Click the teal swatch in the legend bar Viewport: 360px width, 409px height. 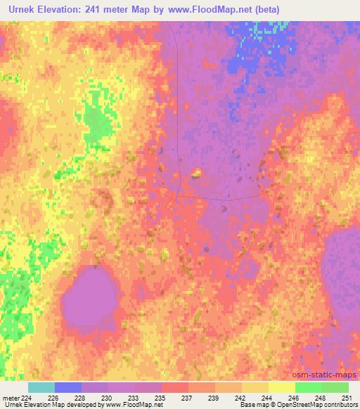click(x=41, y=387)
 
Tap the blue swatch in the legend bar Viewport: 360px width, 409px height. click(x=68, y=387)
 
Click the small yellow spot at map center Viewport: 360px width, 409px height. click(x=198, y=172)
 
